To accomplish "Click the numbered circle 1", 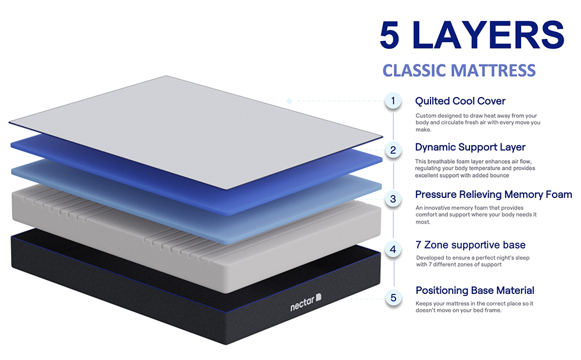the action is click(x=393, y=100).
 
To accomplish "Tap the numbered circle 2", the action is click(x=393, y=150).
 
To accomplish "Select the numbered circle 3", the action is click(x=393, y=199).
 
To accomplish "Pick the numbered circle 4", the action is click(x=393, y=249).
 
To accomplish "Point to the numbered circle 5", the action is click(x=393, y=298).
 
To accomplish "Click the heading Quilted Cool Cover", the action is click(x=460, y=101).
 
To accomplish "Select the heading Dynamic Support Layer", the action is click(x=470, y=147).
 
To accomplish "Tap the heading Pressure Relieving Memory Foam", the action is click(x=493, y=195).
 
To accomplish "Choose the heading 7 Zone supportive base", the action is click(x=471, y=245).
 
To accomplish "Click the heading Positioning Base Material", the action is click(x=475, y=290).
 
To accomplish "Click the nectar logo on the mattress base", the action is click(x=306, y=302).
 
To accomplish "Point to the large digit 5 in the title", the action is click(x=390, y=35).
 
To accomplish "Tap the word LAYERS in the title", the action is click(x=488, y=35).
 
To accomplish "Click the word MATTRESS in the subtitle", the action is click(x=493, y=70).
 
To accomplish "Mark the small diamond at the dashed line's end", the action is click(x=289, y=101).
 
